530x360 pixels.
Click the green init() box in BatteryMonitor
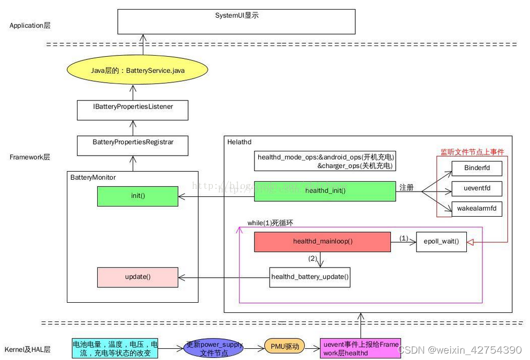[137, 196]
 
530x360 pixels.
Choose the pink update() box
[137, 277]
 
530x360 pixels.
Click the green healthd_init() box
[325, 190]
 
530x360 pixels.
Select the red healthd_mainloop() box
[322, 242]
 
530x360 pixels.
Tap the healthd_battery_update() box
[310, 277]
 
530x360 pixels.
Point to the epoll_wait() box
[441, 242]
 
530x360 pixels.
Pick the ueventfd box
[476, 189]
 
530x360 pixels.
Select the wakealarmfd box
[476, 209]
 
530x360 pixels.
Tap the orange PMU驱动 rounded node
[284, 347]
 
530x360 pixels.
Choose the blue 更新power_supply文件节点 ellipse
[213, 349]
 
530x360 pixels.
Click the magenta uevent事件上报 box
[360, 348]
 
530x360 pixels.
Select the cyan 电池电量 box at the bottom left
[115, 349]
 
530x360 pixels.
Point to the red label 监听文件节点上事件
[472, 152]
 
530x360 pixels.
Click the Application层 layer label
[29, 25]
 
